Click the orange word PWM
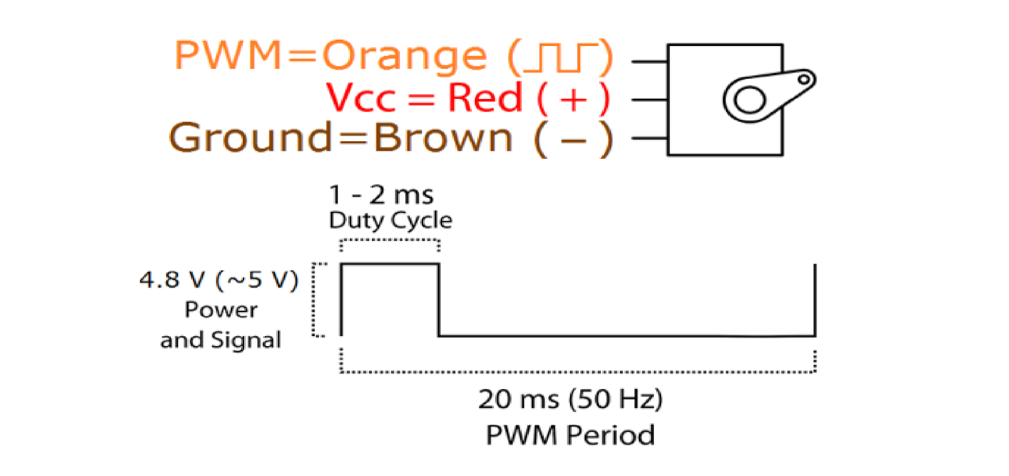[228, 55]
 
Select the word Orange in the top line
[404, 57]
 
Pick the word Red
[485, 97]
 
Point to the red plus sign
[573, 99]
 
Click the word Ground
[250, 137]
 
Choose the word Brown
[443, 137]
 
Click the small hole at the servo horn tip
[803, 80]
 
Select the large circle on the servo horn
[749, 100]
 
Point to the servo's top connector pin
[650, 61]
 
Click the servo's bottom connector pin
[650, 138]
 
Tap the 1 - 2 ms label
[381, 195]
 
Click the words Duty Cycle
[390, 220]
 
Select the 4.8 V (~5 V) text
[219, 280]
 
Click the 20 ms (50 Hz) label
[570, 399]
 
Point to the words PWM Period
[570, 435]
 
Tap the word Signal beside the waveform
[246, 340]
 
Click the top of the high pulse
[390, 264]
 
